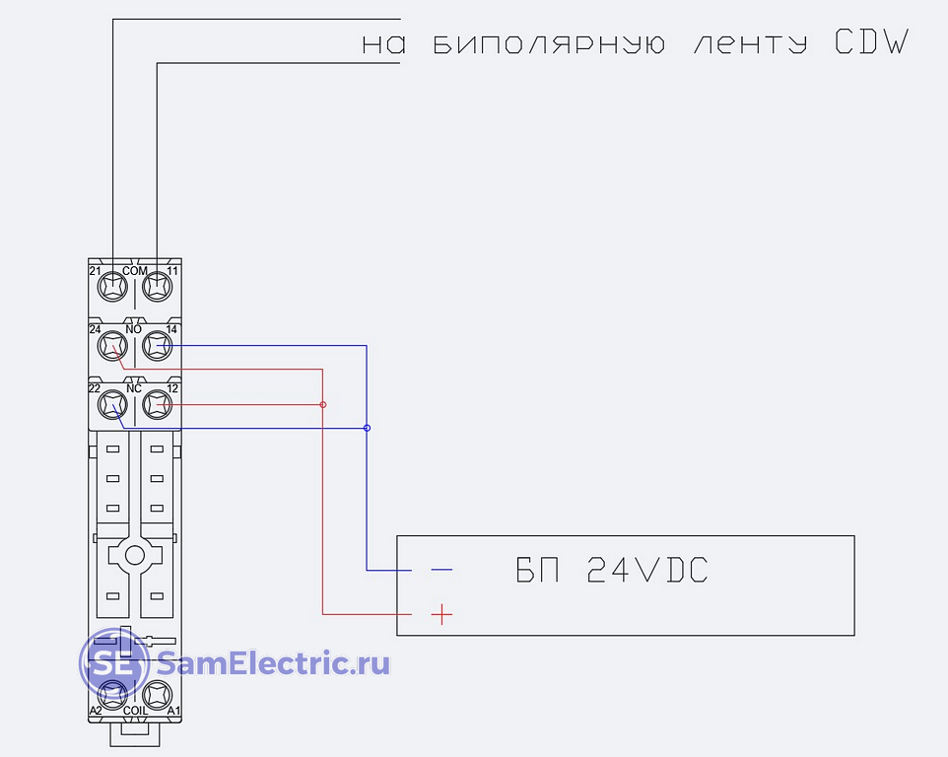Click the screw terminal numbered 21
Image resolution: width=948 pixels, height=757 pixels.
tap(112, 286)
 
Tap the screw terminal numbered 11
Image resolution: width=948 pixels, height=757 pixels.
tap(158, 286)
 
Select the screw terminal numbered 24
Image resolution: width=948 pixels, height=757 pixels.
tap(112, 346)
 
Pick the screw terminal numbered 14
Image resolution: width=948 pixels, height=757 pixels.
tap(158, 346)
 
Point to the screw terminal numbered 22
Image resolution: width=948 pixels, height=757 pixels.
tap(112, 404)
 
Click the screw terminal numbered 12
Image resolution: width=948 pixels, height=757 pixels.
tap(158, 404)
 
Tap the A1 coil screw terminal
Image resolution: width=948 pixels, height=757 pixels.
tap(158, 695)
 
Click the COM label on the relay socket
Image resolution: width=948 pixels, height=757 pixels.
tap(135, 271)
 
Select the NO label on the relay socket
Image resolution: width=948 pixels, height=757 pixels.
tap(134, 329)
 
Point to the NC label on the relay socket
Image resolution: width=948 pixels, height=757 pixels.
tap(134, 388)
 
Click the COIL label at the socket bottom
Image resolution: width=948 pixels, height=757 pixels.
tap(135, 711)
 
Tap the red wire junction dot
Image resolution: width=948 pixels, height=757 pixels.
tap(323, 404)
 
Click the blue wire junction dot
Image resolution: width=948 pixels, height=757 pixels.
tap(367, 428)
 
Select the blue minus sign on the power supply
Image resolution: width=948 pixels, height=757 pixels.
tap(441, 570)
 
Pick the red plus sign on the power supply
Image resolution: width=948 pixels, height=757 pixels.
tap(441, 614)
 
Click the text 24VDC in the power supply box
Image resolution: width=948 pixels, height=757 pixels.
tap(647, 570)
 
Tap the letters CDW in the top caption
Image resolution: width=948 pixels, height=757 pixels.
tap(872, 41)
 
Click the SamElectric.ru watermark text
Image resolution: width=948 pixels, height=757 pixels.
tap(273, 663)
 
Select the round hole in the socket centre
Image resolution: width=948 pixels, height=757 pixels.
tap(135, 556)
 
